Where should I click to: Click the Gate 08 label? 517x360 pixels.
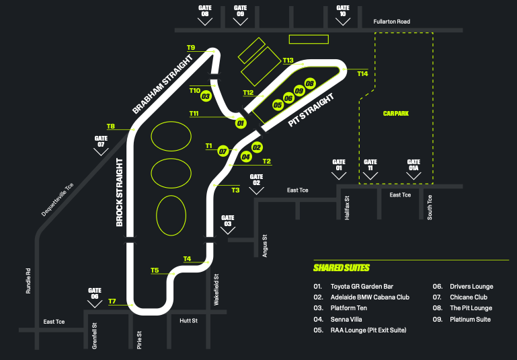pos(205,11)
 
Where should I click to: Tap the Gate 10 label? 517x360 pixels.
pos(343,11)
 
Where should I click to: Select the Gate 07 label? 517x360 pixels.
pos(102,141)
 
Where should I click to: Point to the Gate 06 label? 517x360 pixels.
pos(94,293)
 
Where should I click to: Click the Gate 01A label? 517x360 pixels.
pos(414,165)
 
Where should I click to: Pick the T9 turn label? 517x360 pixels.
pos(191,48)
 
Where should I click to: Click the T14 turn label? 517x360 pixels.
pos(363,73)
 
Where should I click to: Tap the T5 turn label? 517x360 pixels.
pos(155,271)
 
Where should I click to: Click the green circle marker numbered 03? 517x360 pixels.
pos(206,96)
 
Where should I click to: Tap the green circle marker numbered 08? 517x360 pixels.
pos(309,83)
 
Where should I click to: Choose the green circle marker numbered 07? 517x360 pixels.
pos(223,151)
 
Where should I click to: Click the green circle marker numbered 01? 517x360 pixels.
pos(240,123)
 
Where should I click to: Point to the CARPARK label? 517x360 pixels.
pos(396,114)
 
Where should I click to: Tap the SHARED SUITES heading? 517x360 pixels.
pos(342,268)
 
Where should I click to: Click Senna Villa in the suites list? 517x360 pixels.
pos(347,319)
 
